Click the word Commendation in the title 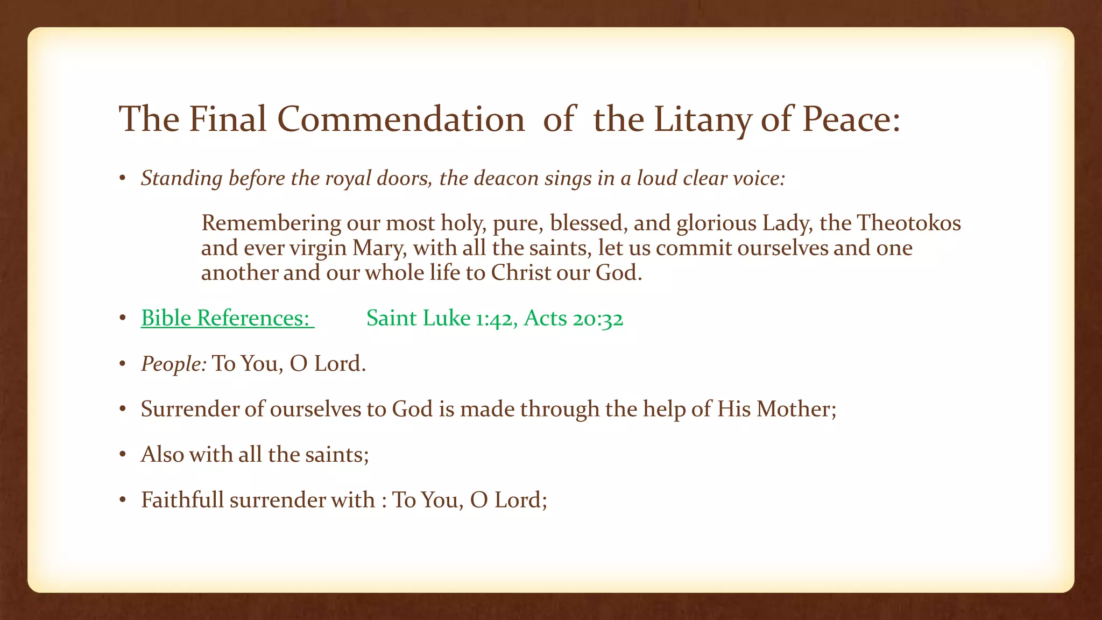(401, 119)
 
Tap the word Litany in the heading (702, 119)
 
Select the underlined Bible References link (227, 318)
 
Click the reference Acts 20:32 (573, 318)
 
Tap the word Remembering (271, 223)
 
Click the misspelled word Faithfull (182, 500)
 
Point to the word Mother (796, 409)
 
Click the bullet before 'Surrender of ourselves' (123, 410)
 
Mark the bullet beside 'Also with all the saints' (123, 455)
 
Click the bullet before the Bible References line (123, 319)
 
